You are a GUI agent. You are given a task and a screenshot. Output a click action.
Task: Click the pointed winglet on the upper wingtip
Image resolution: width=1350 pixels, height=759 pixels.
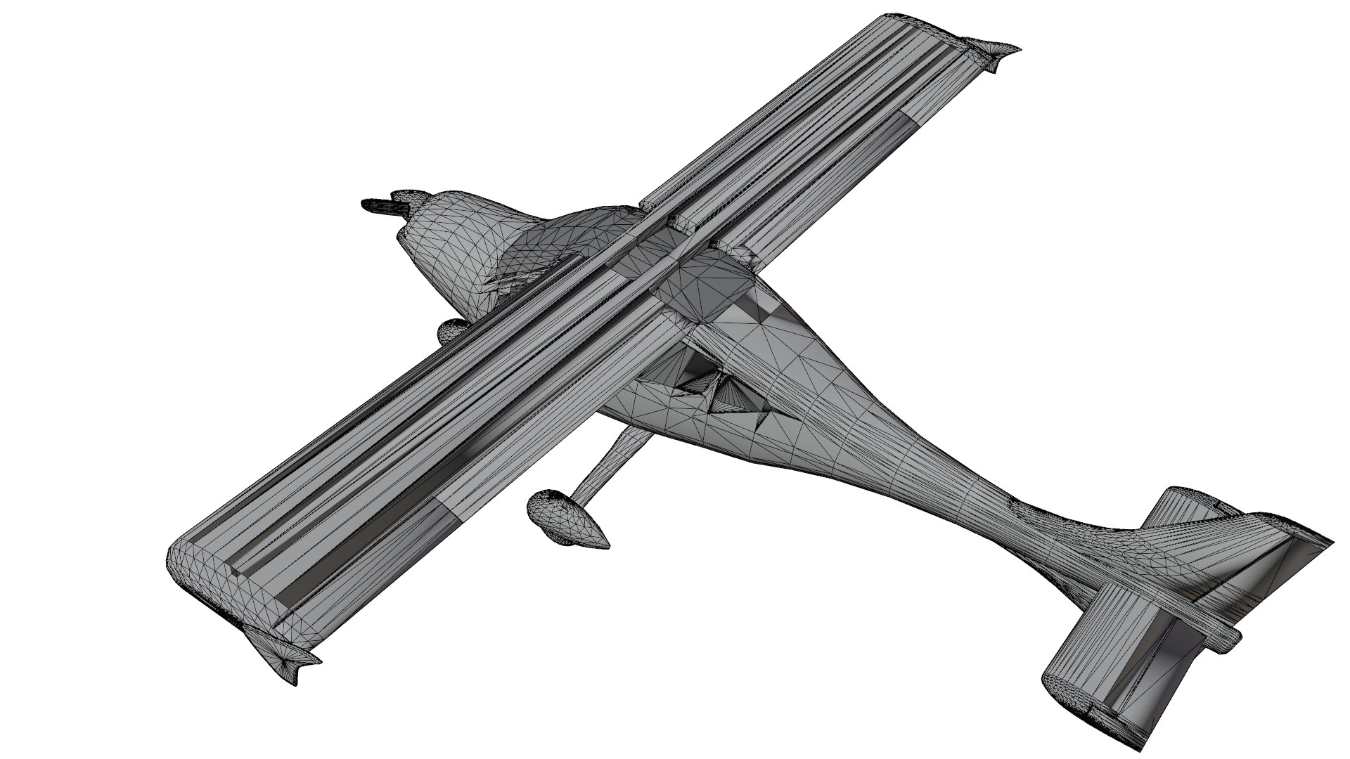pos(995,53)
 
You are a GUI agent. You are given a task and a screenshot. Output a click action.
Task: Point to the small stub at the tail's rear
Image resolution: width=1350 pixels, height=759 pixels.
pos(1227,636)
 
